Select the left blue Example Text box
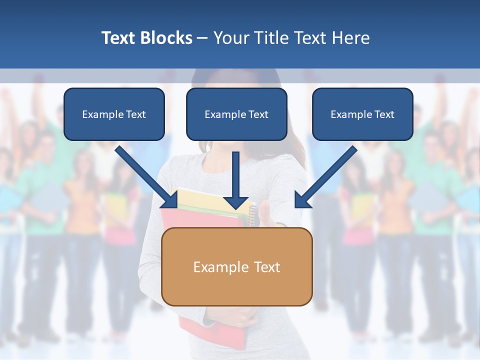[x=114, y=114]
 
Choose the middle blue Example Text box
[x=236, y=114]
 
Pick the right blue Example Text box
[x=362, y=114]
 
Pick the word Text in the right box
[x=384, y=114]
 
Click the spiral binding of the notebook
[x=252, y=215]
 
